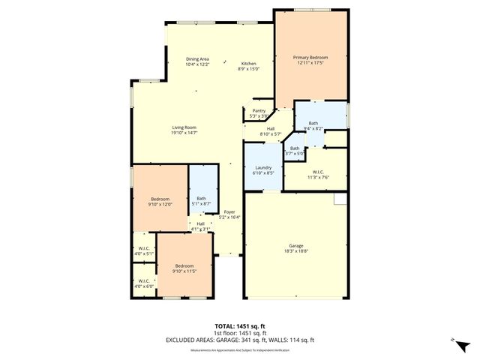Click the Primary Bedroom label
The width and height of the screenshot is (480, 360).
click(311, 58)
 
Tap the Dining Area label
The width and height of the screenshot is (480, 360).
click(197, 59)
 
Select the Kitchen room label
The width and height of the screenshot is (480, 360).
click(248, 63)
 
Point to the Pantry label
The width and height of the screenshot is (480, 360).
click(258, 111)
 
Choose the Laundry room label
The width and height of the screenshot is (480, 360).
click(262, 167)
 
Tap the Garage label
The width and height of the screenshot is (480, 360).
click(297, 245)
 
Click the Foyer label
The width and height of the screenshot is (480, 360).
click(229, 212)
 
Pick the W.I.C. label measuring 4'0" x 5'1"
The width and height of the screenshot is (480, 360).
click(143, 249)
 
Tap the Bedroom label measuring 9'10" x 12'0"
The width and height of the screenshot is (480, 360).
click(160, 199)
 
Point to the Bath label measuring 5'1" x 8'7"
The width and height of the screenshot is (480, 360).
click(202, 199)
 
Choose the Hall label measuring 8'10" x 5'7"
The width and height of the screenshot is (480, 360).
click(270, 129)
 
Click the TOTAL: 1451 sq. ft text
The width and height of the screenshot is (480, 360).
click(241, 327)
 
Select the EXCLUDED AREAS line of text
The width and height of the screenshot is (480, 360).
click(241, 340)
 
